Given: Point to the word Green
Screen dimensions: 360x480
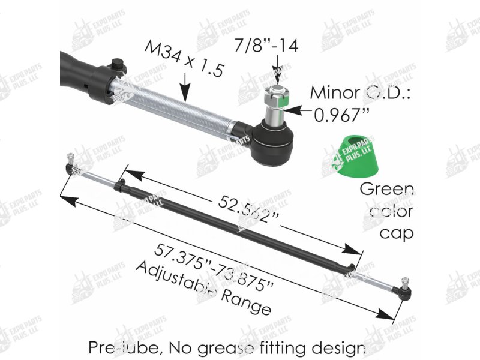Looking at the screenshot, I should click(x=386, y=191).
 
